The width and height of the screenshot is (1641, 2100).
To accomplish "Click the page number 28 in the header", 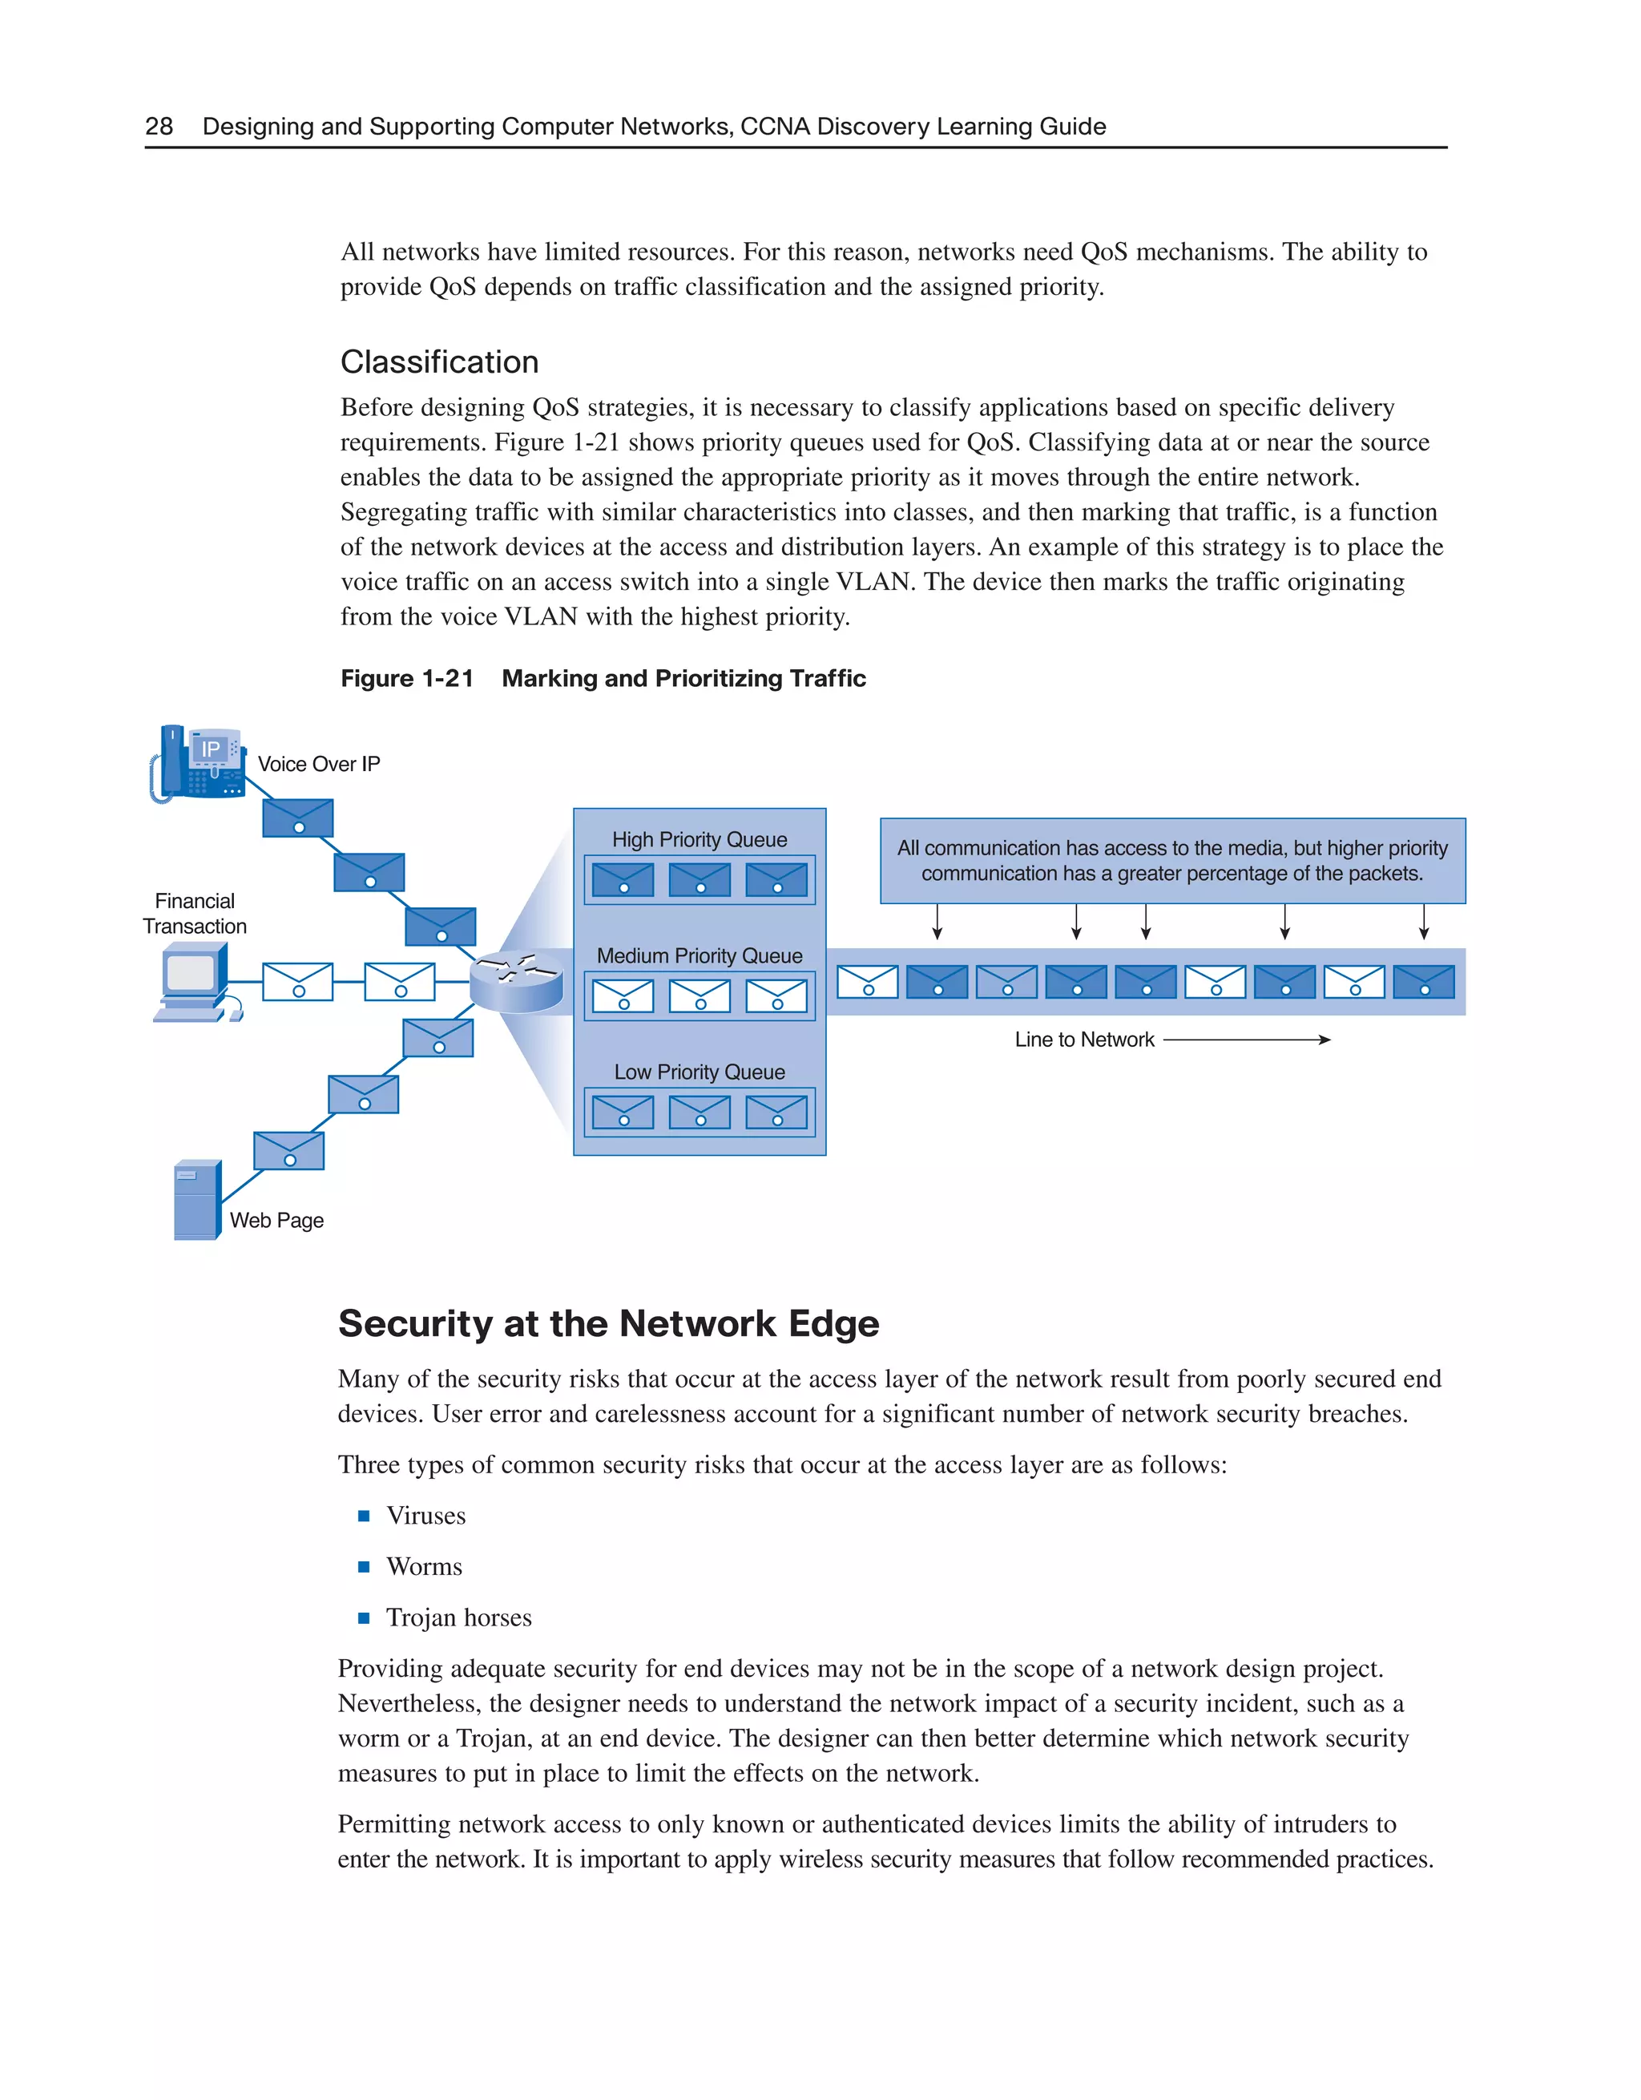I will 159,126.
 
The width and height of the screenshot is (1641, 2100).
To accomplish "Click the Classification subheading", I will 438,361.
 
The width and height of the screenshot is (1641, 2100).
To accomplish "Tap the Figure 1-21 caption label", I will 407,678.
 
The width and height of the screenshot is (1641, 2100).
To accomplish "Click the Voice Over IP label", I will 318,764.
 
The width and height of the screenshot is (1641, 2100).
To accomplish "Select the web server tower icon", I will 197,1199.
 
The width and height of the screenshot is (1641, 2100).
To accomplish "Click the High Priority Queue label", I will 699,839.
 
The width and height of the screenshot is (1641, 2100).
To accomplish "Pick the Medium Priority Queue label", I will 699,955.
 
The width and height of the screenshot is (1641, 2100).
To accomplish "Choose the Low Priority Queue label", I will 699,1072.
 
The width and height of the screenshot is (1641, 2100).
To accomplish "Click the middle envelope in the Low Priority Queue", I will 699,1113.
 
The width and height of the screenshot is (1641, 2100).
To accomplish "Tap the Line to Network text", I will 1083,1040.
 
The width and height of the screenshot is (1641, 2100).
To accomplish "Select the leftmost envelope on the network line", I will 867,982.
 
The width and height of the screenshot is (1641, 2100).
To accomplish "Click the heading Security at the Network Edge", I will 607,1323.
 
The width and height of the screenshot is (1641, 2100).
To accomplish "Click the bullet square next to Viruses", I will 364,1516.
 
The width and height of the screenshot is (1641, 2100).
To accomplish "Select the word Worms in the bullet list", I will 424,1566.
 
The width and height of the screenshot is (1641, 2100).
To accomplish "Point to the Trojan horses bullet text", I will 458,1617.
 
